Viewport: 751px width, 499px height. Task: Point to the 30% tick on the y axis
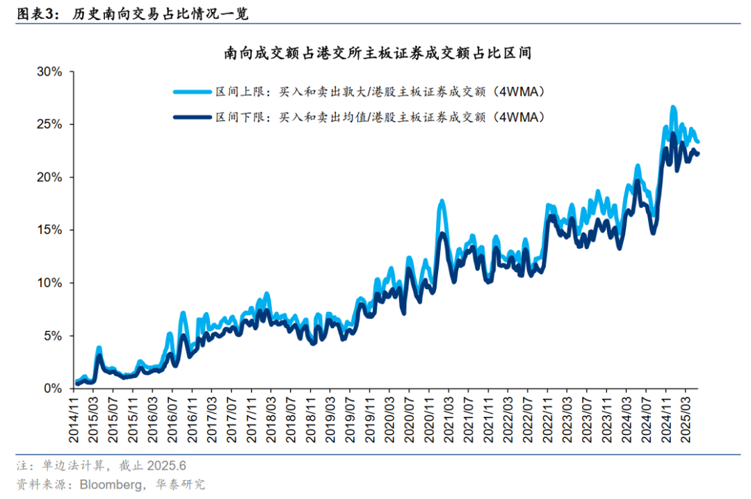coord(49,72)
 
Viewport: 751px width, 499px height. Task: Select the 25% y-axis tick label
coord(49,124)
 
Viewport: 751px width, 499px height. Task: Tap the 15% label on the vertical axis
coord(49,230)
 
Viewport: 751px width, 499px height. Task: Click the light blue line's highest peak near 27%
coord(673,107)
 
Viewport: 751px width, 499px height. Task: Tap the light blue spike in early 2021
coord(442,201)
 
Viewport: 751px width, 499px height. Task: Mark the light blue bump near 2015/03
coord(99,347)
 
